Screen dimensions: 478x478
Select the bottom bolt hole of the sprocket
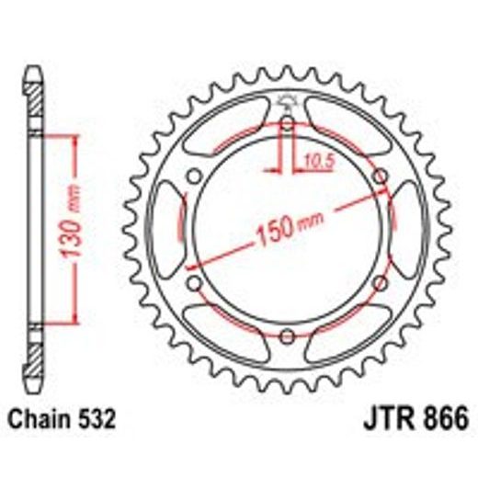coord(287,333)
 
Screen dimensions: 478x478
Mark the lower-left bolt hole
coord(196,281)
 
